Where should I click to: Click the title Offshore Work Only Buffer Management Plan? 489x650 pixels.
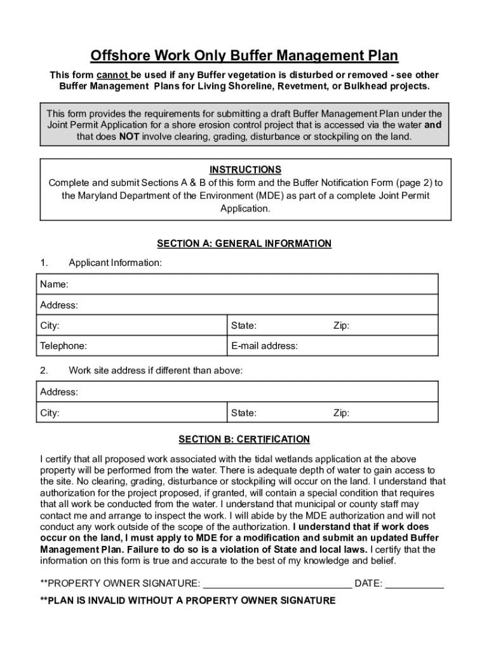245,56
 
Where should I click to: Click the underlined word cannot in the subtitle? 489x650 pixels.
113,75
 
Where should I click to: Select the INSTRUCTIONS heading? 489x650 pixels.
245,169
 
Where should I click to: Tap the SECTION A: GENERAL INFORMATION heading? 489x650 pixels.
244,243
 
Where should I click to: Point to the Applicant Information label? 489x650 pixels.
115,262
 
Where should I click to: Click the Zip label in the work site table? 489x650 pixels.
342,413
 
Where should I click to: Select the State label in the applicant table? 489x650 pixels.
244,326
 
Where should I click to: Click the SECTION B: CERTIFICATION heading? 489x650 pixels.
244,439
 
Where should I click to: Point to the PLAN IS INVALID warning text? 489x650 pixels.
188,600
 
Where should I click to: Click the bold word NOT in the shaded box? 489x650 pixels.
129,136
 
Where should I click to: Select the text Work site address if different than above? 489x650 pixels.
156,370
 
